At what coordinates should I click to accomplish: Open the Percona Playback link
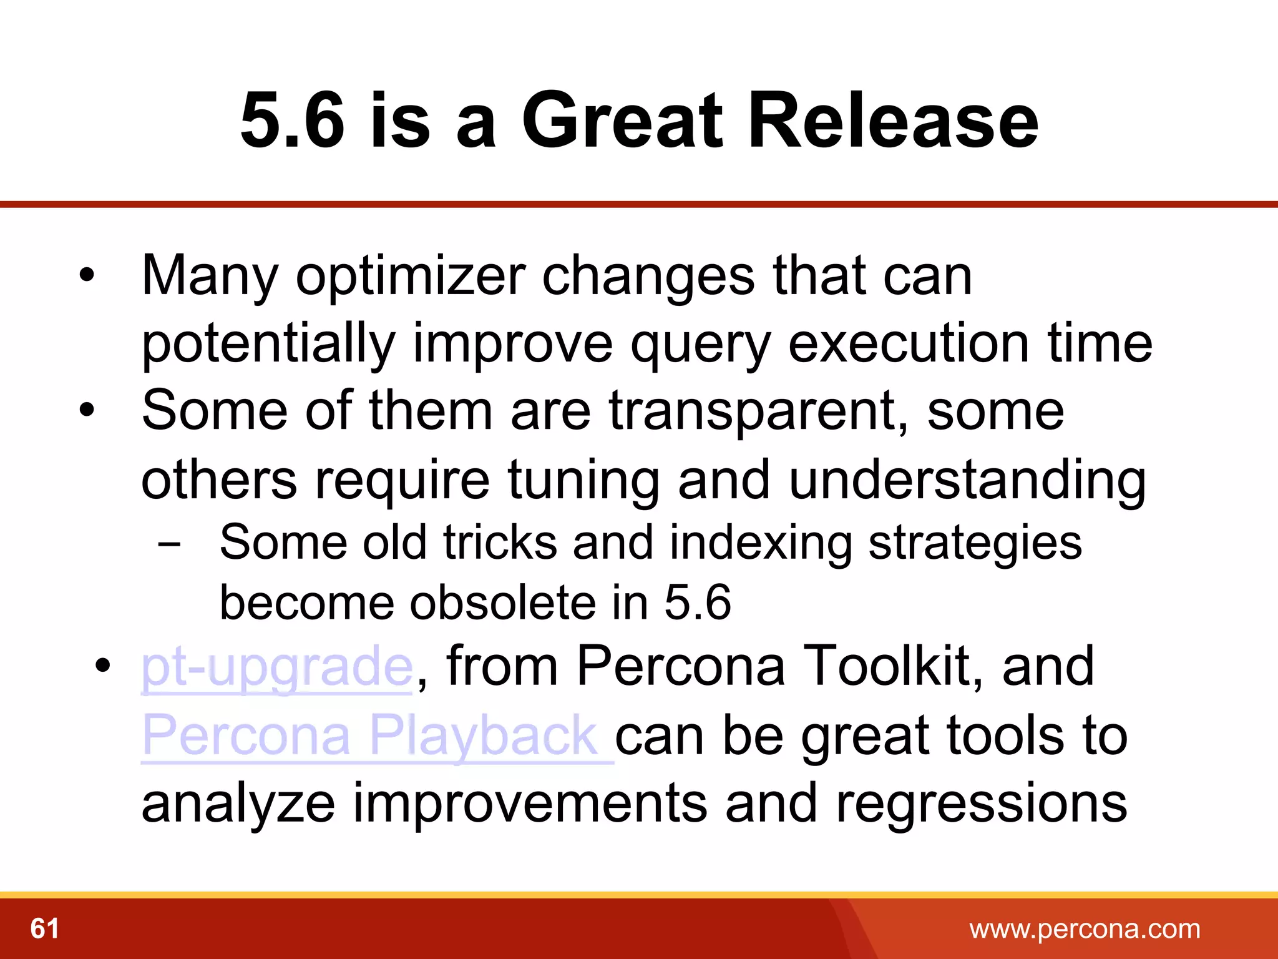coord(371,735)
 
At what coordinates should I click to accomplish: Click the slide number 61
coord(45,928)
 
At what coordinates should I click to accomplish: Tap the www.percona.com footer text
coord(1085,929)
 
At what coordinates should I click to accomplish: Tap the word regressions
coord(981,803)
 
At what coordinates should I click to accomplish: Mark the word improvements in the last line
coord(530,803)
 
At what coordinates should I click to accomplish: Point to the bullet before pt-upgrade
coord(103,666)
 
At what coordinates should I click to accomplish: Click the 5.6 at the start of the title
coord(292,120)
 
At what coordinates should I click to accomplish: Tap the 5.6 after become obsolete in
coord(697,602)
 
